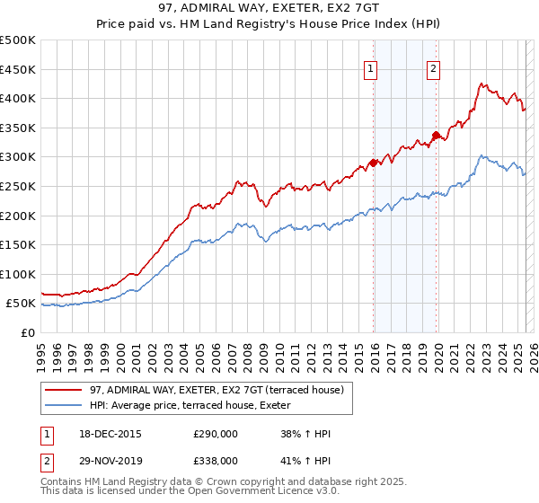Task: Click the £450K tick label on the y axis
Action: pyautogui.click(x=18, y=69)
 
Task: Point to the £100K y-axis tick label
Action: pyautogui.click(x=18, y=274)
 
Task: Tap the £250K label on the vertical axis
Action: pyautogui.click(x=18, y=186)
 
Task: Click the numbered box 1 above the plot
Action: pyautogui.click(x=371, y=69)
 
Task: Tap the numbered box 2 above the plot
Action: pyautogui.click(x=433, y=69)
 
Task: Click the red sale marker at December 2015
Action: pyautogui.click(x=373, y=163)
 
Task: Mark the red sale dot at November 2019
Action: pyautogui.click(x=436, y=136)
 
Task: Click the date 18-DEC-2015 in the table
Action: pyautogui.click(x=110, y=435)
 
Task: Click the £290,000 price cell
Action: pyautogui.click(x=216, y=435)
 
